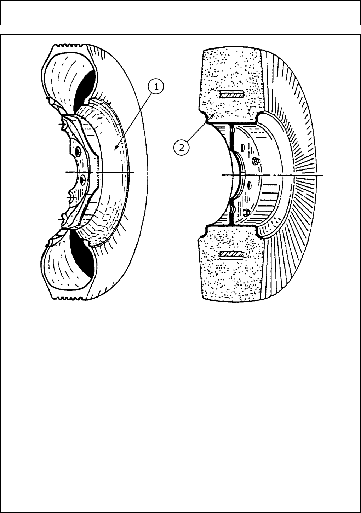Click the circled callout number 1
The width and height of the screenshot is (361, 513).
[156, 86]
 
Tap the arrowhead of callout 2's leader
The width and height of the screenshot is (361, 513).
[213, 115]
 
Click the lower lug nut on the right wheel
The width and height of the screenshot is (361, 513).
[247, 212]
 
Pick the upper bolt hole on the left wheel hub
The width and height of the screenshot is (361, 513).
[78, 153]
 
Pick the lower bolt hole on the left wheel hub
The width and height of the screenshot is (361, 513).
[82, 180]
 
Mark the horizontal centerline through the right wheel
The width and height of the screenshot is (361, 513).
[273, 175]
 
